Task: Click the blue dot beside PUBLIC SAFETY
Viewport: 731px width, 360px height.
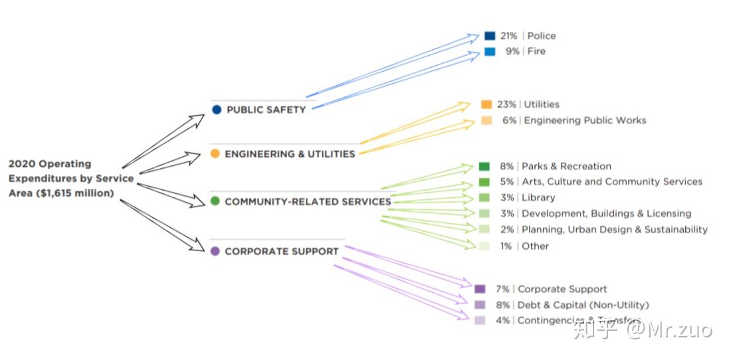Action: pyautogui.click(x=217, y=110)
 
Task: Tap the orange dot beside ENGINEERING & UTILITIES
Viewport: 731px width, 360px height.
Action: pyautogui.click(x=215, y=153)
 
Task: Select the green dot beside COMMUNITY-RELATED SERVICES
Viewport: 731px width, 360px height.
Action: pyautogui.click(x=215, y=201)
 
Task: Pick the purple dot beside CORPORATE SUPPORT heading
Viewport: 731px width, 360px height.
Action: pyautogui.click(x=215, y=251)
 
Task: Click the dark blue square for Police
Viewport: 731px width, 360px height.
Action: pyautogui.click(x=490, y=36)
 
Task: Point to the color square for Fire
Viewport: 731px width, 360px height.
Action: pyautogui.click(x=490, y=51)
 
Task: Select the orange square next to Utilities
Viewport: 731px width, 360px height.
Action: pyautogui.click(x=486, y=104)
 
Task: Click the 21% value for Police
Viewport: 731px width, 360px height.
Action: pyautogui.click(x=508, y=36)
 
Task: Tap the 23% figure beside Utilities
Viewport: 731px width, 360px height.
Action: pyautogui.click(x=506, y=104)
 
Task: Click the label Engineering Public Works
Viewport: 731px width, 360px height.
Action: pyautogui.click(x=585, y=120)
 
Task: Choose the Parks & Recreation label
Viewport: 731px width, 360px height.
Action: pyautogui.click(x=566, y=166)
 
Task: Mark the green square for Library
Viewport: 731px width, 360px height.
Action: pyautogui.click(x=484, y=197)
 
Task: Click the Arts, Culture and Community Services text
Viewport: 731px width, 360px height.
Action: pyautogui.click(x=611, y=181)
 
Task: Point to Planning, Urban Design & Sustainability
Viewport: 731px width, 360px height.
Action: pyautogui.click(x=615, y=229)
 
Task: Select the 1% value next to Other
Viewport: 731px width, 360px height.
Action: pyautogui.click(x=506, y=246)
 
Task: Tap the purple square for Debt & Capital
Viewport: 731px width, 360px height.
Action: pyautogui.click(x=480, y=305)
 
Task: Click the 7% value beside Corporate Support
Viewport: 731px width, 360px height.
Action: pyautogui.click(x=502, y=289)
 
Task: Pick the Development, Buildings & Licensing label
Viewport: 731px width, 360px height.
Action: pyautogui.click(x=606, y=213)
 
